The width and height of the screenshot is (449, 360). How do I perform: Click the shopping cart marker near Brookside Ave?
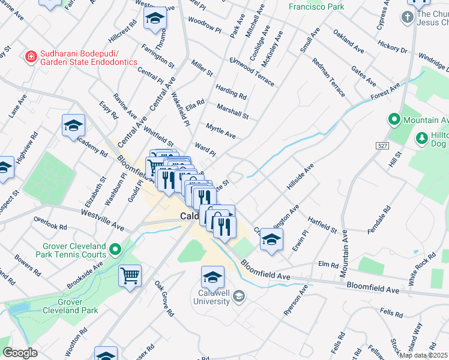(x=130, y=277)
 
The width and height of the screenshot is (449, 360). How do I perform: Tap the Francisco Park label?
(x=316, y=7)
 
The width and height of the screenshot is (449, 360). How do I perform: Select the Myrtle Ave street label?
(x=220, y=131)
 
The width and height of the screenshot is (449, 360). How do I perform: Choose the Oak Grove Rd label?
(x=163, y=298)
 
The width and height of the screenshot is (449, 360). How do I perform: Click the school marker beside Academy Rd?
(x=73, y=125)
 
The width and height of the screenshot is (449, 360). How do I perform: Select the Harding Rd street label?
(x=231, y=91)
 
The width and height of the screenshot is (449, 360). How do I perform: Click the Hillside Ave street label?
(x=301, y=177)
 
